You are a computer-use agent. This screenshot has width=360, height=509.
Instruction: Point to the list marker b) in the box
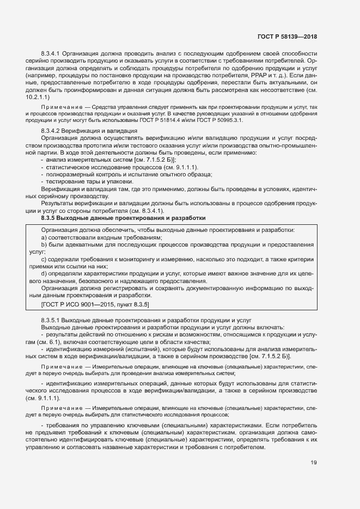click(44, 245)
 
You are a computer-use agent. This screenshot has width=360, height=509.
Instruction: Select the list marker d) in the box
click(44, 273)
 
